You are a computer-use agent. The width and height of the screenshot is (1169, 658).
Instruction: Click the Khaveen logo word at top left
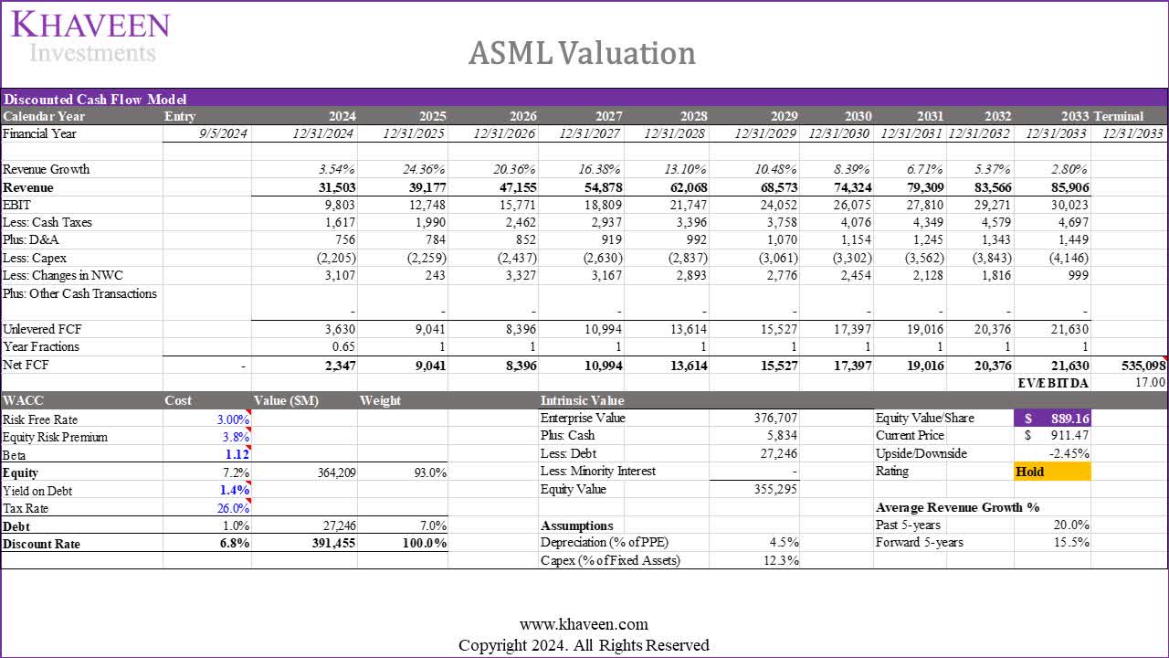pos(90,25)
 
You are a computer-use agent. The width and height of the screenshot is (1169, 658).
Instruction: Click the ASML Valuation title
pos(582,53)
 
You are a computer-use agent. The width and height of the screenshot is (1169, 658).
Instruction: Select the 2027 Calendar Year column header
pos(609,116)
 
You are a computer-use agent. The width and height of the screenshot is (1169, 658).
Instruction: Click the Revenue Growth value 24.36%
pos(421,169)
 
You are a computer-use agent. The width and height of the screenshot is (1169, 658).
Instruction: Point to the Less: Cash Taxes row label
pos(47,222)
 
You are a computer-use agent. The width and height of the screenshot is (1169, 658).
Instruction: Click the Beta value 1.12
pos(237,454)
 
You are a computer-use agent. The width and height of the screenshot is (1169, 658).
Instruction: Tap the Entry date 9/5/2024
pos(222,133)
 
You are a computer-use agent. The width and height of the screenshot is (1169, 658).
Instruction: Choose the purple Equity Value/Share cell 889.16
pos(1052,418)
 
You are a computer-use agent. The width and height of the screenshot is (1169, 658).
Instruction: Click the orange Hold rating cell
pos(1052,472)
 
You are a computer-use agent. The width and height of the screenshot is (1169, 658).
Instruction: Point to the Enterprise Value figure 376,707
pos(773,418)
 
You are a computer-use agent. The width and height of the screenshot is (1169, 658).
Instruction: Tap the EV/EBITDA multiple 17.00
pos(1150,382)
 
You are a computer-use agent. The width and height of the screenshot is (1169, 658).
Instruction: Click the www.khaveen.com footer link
pos(584,625)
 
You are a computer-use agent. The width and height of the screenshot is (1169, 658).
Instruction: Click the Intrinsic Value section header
pos(582,400)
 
